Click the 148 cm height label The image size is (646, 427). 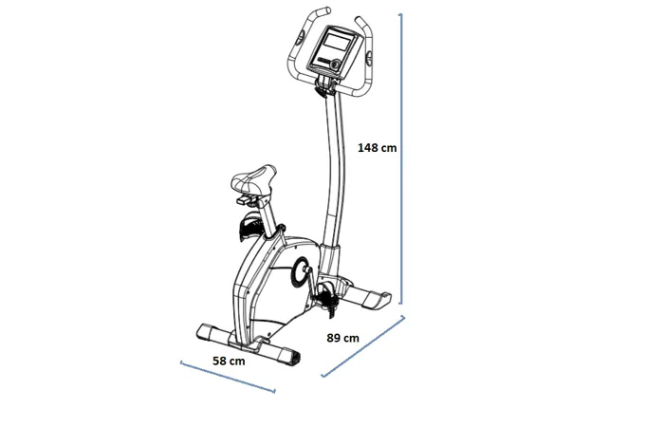coord(377,148)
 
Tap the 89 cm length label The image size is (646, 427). coord(342,338)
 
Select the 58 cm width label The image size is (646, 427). coord(229,362)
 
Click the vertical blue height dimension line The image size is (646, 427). coord(400,158)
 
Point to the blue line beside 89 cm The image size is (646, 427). coord(363,346)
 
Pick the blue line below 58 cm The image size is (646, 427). coord(228,377)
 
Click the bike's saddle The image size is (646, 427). coord(253,179)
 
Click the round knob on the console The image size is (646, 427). coord(336,65)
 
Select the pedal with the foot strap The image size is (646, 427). coord(326,296)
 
